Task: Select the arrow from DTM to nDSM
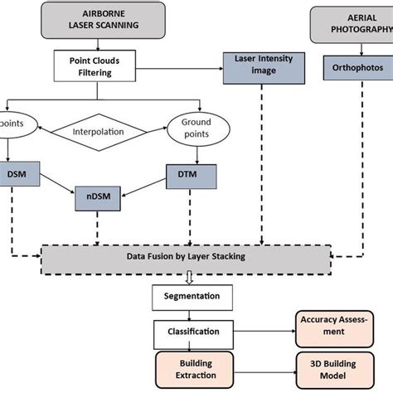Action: (149, 187)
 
